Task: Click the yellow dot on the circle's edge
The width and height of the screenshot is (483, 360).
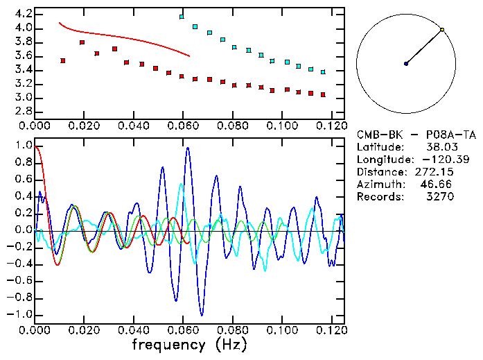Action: (442, 30)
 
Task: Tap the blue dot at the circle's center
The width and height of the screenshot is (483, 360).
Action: (406, 64)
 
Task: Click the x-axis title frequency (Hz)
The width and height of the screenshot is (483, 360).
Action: (188, 343)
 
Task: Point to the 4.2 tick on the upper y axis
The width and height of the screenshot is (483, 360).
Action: (23, 14)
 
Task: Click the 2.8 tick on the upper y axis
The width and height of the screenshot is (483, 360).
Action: (23, 111)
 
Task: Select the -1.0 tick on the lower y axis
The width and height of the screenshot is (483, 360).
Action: (21, 314)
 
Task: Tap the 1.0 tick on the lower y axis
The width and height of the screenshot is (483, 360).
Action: (23, 146)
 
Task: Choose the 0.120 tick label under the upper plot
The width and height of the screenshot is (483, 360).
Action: (332, 126)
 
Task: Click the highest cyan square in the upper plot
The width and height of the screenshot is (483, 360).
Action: (182, 17)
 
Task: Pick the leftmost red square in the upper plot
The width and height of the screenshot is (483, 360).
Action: (63, 61)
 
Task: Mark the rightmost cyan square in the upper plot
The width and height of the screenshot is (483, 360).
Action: (323, 71)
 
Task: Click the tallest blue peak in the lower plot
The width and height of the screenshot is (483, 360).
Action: (187, 148)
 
